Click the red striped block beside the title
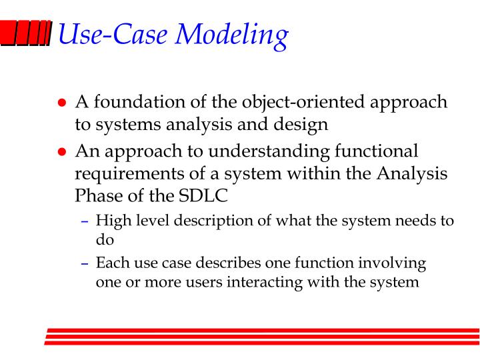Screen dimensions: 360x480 pyautogui.click(x=26, y=33)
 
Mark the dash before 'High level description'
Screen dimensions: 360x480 pyautogui.click(x=85, y=221)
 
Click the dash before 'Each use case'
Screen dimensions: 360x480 pyautogui.click(x=85, y=263)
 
